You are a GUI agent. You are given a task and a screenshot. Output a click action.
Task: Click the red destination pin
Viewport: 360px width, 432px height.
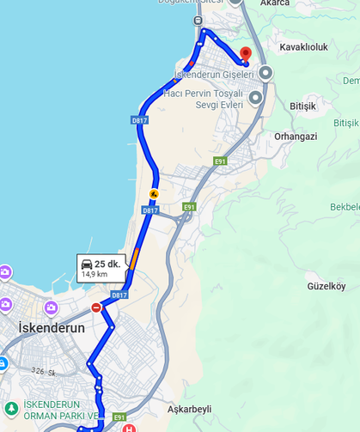(245, 52)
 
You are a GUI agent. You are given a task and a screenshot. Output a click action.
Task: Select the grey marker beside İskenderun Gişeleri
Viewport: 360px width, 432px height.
(265, 74)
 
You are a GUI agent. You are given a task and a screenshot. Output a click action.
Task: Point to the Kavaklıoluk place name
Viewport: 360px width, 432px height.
(304, 47)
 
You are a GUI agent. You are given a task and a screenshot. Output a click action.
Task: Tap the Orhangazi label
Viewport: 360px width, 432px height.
(296, 136)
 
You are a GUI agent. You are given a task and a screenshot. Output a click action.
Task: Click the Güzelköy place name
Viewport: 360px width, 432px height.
(326, 286)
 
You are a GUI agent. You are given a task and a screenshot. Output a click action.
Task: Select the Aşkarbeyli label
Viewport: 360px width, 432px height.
(190, 409)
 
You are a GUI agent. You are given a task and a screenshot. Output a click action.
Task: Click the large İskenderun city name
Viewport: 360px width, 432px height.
(52, 328)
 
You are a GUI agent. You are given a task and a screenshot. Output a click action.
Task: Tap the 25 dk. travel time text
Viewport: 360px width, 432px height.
(107, 264)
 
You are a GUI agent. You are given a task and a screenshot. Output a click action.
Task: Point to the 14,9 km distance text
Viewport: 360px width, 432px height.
(94, 275)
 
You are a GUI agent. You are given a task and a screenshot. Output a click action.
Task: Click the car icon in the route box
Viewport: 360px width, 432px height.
(87, 265)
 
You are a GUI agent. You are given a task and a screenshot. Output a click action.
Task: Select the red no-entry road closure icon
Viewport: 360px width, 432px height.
(96, 307)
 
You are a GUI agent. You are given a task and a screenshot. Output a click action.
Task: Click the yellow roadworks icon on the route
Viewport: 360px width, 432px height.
(154, 193)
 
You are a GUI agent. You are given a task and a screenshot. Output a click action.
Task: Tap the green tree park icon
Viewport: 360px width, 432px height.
(10, 405)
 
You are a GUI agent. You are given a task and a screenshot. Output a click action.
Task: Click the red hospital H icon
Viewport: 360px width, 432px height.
(129, 428)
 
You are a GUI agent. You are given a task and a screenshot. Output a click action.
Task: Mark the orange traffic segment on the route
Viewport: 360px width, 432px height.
(135, 257)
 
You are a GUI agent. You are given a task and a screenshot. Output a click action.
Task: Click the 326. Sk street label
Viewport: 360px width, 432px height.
(41, 371)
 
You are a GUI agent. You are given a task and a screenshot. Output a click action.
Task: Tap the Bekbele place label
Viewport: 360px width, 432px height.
(345, 207)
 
